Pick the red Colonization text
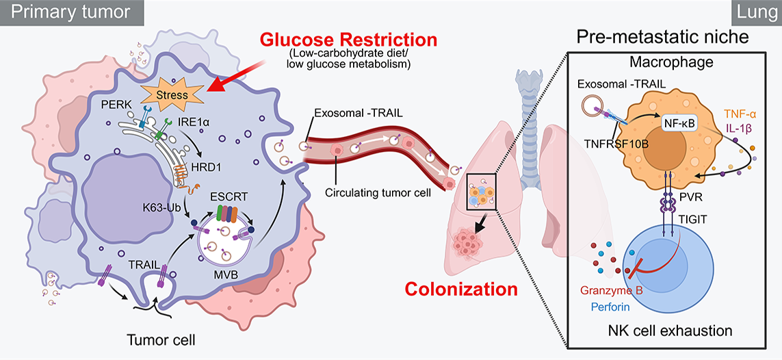point(461,288)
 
